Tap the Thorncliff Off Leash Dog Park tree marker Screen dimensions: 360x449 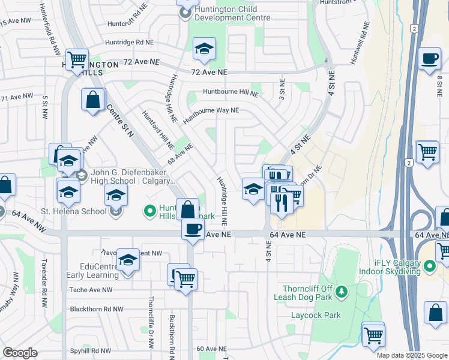tap(341, 292)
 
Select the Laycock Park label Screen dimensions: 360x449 tap(316, 315)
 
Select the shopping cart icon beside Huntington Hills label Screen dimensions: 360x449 tap(77, 59)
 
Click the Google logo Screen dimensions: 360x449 tap(20, 353)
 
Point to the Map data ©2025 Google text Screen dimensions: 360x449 tap(412, 355)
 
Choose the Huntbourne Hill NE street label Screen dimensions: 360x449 tap(231, 93)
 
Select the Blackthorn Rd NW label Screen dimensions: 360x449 tap(97, 310)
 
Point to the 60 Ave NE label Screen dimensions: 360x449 tap(211, 349)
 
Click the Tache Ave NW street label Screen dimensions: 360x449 tap(91, 290)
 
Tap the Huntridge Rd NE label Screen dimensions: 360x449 tap(129, 43)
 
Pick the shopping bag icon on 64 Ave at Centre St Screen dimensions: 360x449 tap(187, 209)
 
